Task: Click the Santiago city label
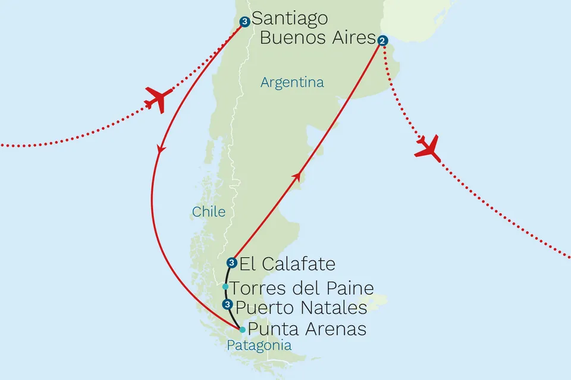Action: tap(290, 18)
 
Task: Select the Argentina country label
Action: tap(292, 83)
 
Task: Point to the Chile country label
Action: tap(208, 211)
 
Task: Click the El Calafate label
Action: tap(287, 263)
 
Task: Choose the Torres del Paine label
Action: tap(302, 289)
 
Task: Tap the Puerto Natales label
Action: tap(301, 308)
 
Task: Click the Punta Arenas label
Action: tap(306, 329)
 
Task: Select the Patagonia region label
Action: tap(259, 346)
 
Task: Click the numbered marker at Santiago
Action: tap(244, 22)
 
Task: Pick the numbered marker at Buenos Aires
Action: tap(383, 41)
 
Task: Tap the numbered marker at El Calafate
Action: tap(232, 262)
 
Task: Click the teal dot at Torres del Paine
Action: tap(225, 287)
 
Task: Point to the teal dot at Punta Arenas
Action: tap(242, 330)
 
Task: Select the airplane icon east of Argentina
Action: tap(429, 148)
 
